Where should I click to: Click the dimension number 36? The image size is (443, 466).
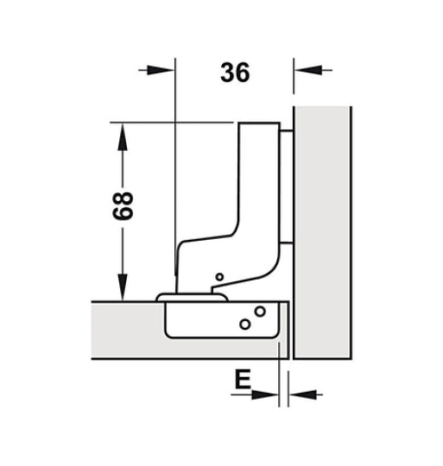pyautogui.click(x=233, y=73)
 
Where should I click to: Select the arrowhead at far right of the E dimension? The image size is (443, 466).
pyautogui.click(x=301, y=395)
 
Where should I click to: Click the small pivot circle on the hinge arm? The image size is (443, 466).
pyautogui.click(x=218, y=277)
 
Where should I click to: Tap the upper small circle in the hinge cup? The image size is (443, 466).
pyautogui.click(x=257, y=312)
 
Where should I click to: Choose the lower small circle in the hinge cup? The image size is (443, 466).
pyautogui.click(x=244, y=324)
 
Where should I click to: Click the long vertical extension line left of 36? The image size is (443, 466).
pyautogui.click(x=175, y=173)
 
